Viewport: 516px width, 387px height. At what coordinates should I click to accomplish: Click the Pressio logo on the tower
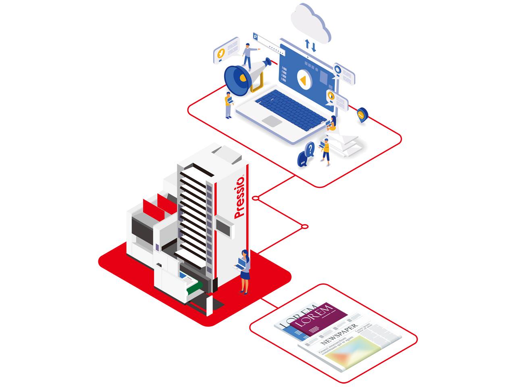pos(241,197)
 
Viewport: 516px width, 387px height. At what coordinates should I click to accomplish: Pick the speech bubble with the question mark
pos(310,150)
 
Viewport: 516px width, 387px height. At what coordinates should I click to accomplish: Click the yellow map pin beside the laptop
pos(362,114)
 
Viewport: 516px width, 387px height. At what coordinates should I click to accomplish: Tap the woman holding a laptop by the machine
pos(244,270)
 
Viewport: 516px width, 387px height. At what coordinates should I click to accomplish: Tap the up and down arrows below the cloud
pos(310,46)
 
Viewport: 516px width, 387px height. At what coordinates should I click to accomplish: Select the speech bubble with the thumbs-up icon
pos(336,98)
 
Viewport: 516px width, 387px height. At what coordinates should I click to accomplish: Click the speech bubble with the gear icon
pos(343,73)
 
